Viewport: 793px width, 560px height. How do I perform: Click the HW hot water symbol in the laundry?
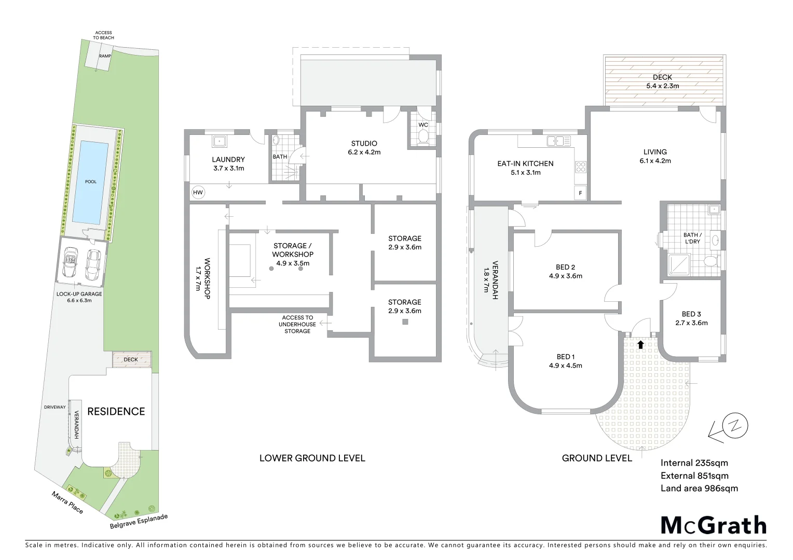(198, 192)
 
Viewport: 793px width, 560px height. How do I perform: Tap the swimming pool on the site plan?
(91, 181)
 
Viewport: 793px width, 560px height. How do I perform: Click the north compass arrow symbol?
(729, 428)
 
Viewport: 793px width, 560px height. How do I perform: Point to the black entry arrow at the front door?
(640, 344)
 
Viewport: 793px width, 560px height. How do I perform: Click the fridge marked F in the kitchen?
(580, 192)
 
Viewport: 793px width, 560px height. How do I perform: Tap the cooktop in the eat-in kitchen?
(580, 167)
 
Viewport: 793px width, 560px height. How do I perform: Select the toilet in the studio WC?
(423, 137)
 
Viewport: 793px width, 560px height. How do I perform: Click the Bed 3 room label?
(691, 318)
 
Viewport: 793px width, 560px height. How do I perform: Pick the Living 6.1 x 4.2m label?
(655, 156)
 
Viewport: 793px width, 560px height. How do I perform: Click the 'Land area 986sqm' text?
(699, 488)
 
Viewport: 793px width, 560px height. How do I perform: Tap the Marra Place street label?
(67, 502)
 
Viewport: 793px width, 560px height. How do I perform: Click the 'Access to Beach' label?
(104, 35)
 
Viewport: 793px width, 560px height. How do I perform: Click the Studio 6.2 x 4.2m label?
(364, 148)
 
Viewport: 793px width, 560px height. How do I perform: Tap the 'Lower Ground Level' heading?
(312, 458)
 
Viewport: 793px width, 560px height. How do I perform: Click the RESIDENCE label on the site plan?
(116, 411)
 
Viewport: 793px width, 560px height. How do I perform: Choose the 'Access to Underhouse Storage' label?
(297, 324)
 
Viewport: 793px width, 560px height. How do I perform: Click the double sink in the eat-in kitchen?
(558, 140)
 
